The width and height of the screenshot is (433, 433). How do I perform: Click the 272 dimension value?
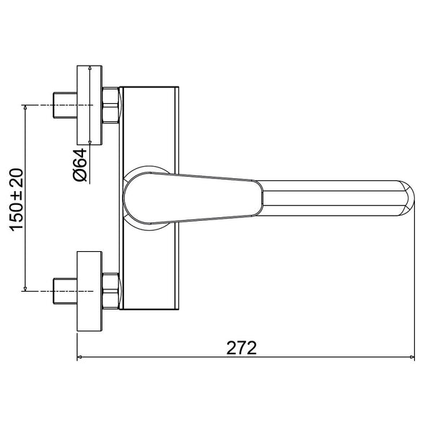tap(241, 348)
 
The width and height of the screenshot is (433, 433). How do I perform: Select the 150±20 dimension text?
tap(17, 200)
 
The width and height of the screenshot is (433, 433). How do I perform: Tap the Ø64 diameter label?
tap(80, 165)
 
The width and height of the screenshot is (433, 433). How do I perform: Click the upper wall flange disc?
tap(89, 105)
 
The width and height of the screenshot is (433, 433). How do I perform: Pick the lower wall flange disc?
tap(89, 291)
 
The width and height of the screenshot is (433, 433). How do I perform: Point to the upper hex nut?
tap(110, 105)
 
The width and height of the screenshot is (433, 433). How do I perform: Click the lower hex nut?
tap(110, 291)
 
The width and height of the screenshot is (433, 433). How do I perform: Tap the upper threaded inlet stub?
tap(65, 105)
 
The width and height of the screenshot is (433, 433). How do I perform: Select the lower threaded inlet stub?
tap(65, 291)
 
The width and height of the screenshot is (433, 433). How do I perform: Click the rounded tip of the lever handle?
tap(408, 198)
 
